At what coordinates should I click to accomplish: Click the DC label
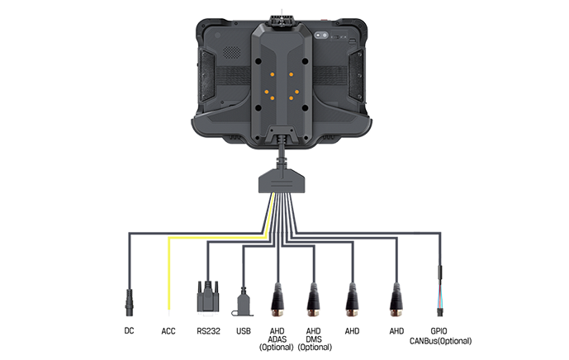129,330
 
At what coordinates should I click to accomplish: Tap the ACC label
168,331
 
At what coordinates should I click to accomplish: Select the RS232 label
208,331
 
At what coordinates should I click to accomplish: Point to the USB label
243,331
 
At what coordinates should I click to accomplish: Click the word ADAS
277,339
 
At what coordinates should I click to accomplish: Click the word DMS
314,339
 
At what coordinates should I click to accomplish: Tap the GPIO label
439,331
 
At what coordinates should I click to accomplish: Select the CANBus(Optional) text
440,341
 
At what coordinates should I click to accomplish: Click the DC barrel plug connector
129,303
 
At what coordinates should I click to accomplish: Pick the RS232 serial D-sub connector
208,296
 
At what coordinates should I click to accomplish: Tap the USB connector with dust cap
243,302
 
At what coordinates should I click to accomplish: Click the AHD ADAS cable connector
277,300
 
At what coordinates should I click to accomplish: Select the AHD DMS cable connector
314,300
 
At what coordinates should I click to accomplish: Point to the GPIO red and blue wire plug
440,291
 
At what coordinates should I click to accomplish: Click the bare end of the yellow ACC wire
168,310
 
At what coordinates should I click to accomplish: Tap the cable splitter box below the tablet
282,180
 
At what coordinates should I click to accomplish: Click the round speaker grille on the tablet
231,52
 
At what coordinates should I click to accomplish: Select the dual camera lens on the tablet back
321,36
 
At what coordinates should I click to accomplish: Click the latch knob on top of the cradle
282,21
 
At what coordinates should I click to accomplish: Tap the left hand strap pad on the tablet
207,75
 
